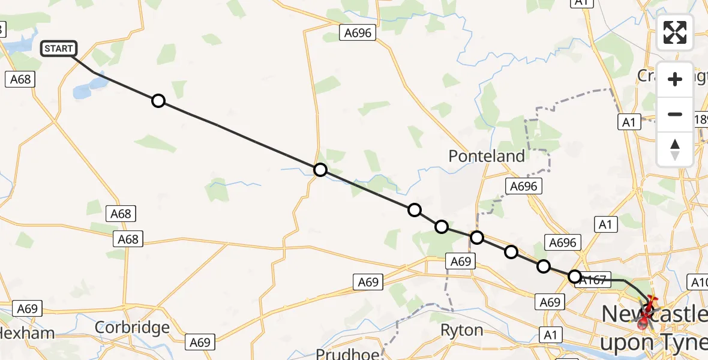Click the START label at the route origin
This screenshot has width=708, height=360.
pos(59,49)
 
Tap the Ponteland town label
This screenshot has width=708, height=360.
pos(487,156)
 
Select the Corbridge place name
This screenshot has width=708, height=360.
pos(132,328)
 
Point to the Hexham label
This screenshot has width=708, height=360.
pos(27,333)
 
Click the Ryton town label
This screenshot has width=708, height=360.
pos(461,330)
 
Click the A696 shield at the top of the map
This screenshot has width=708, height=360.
pos(358,33)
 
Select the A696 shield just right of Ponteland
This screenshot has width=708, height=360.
pos(523,187)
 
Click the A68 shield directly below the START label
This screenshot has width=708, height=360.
pos(20,79)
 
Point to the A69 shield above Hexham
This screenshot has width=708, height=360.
pos(28,309)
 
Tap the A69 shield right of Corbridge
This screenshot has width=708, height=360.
pos(200,342)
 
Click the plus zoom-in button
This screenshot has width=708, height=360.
pos(675,80)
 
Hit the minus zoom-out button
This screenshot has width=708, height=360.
pos(675,114)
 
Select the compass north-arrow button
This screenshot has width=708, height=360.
pos(675,149)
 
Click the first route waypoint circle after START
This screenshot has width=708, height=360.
pos(158,101)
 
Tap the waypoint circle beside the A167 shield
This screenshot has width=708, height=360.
pos(575,277)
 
